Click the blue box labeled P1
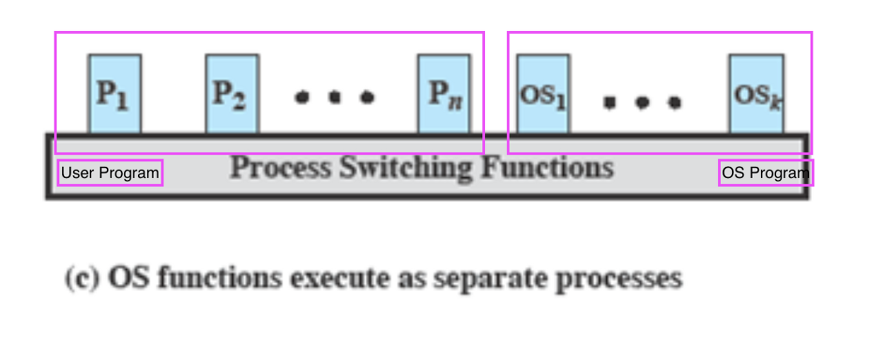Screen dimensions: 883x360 coord(115,94)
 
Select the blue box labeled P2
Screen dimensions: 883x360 coord(232,94)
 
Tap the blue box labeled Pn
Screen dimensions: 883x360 coord(444,94)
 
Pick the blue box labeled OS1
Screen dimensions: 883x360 coord(543,94)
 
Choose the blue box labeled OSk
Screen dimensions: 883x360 coord(756,94)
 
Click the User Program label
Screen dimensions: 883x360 coord(110,172)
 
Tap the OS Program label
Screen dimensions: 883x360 coord(766,172)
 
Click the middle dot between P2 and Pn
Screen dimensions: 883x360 coord(335,97)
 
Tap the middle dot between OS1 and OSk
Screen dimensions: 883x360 coord(642,103)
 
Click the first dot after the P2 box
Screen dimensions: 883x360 coord(301,97)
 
